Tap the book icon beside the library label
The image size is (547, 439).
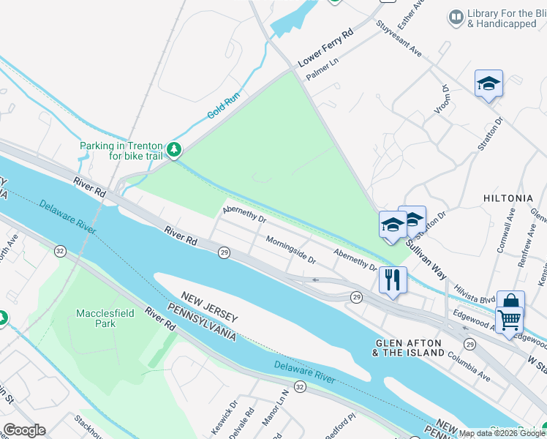coord(456,16)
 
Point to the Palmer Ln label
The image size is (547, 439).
coord(322,71)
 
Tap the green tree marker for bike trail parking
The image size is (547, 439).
coord(173,150)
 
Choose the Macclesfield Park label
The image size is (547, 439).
coord(96,318)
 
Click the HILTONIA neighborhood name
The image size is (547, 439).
coord(508,198)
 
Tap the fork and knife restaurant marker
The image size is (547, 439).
coord(393,279)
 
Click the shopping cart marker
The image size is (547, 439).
coord(509,319)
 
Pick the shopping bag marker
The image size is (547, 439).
coord(510,302)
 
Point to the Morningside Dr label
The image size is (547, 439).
coord(290,249)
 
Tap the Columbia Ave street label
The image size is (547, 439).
coord(465,369)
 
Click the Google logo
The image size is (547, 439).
coord(24,430)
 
